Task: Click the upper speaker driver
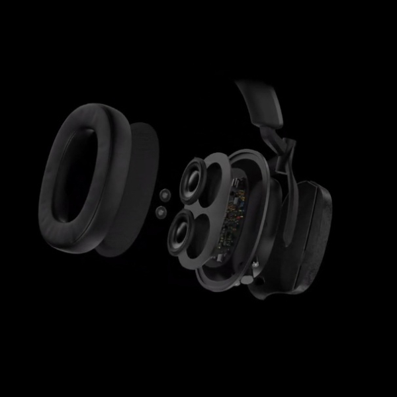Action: pyautogui.click(x=196, y=180)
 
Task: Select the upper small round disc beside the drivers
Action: pyautogui.click(x=162, y=195)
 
